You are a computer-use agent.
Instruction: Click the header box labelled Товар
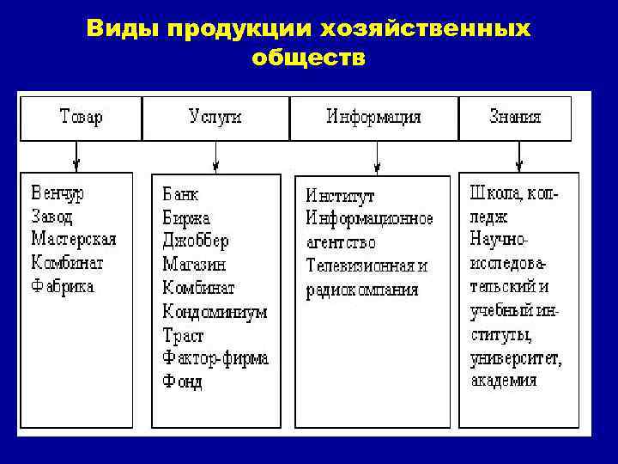click(x=82, y=118)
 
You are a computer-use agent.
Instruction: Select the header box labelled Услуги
click(x=215, y=118)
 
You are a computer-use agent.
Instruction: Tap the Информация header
click(x=373, y=118)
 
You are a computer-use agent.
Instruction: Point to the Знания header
click(x=515, y=118)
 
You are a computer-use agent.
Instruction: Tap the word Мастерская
click(x=73, y=239)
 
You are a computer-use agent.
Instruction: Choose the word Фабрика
click(x=63, y=286)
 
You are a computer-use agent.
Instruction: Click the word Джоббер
click(x=196, y=241)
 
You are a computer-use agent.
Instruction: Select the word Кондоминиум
click(x=215, y=311)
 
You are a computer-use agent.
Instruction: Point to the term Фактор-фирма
click(x=215, y=357)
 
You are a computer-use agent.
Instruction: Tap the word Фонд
click(x=183, y=381)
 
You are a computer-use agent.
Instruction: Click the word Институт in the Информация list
click(x=341, y=197)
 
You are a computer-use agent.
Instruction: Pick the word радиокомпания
click(x=362, y=290)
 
